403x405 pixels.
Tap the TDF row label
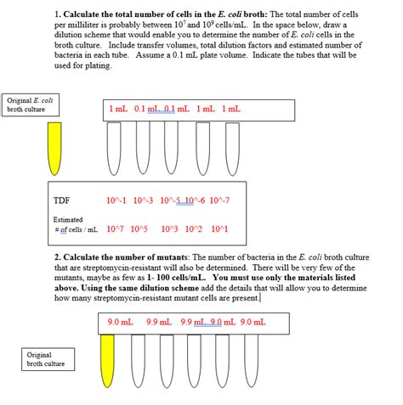tap(61, 201)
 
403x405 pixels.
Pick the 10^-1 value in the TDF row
tap(117, 201)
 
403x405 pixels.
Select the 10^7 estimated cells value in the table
tap(116, 229)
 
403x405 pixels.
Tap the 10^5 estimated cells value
tap(139, 229)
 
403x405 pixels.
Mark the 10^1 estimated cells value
tap(219, 229)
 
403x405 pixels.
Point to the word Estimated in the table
tap(69, 219)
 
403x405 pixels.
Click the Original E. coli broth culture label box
tap(31, 105)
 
